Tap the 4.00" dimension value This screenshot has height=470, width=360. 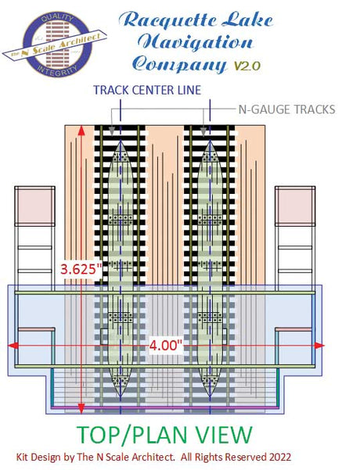(166, 346)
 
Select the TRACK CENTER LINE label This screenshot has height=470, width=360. (147, 90)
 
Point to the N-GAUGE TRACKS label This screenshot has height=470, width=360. (286, 109)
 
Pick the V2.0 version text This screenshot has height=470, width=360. (247, 66)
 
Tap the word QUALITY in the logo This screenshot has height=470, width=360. (57, 19)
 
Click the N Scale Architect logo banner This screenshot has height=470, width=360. (55, 45)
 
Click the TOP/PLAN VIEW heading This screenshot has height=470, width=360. (164, 435)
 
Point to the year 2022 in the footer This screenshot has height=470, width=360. (280, 457)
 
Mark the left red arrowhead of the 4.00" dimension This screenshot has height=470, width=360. (12, 346)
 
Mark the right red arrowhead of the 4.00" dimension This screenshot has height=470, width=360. (320, 346)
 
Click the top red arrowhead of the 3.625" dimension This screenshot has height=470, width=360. (81, 130)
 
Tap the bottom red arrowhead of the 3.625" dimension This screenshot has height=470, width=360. (81, 408)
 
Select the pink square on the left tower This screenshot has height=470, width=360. (34, 206)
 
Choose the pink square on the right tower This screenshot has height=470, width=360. (295, 206)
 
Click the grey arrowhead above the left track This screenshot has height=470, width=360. (112, 131)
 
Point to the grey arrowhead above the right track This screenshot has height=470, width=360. (203, 131)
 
